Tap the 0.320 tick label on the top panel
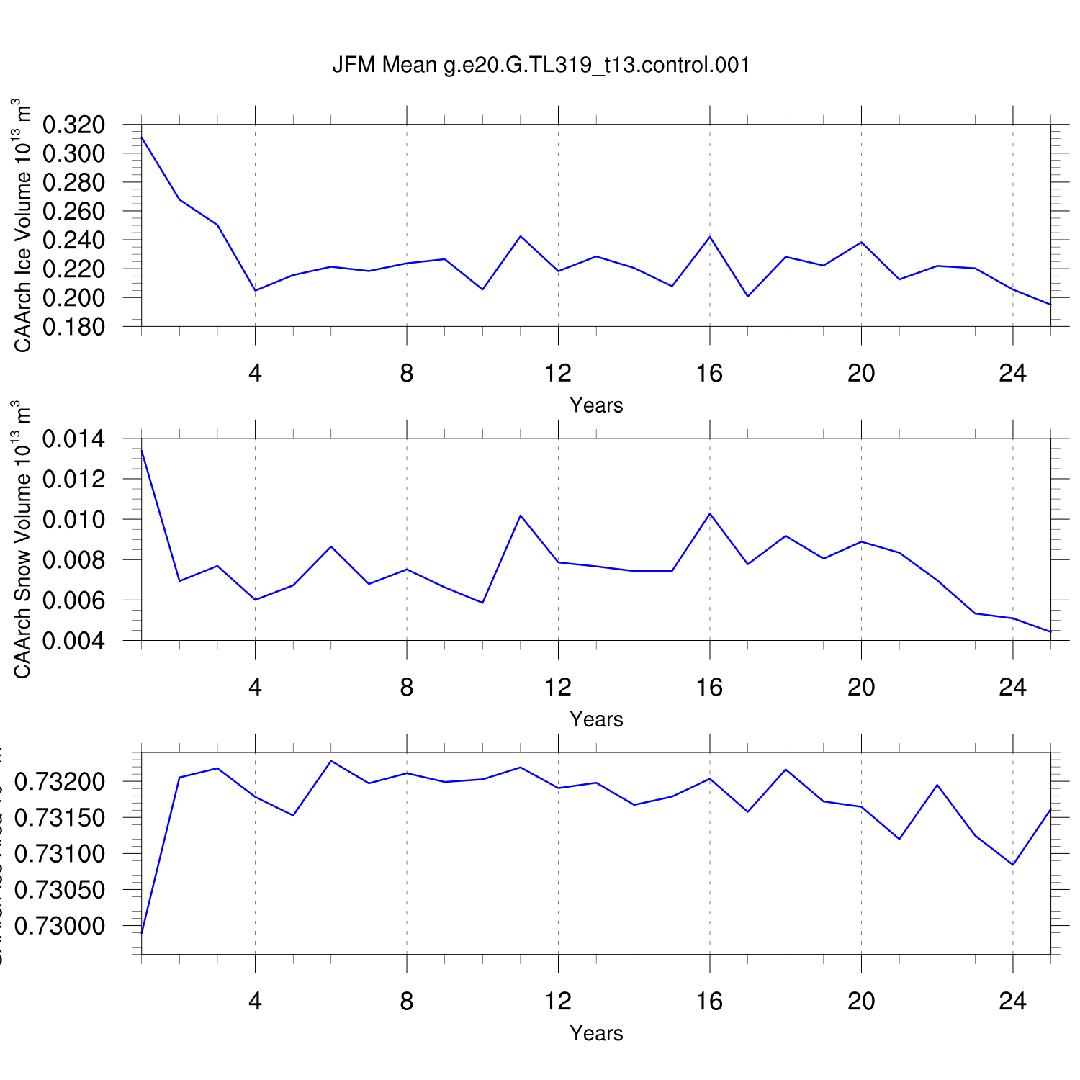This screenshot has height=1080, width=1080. click(73, 125)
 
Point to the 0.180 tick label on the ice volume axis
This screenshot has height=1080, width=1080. click(73, 327)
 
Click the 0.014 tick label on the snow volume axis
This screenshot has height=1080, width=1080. click(73, 438)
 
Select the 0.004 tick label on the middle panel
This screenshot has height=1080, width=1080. click(73, 640)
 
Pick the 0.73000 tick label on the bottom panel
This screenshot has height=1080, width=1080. click(59, 926)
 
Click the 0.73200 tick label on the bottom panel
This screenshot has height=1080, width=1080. click(59, 782)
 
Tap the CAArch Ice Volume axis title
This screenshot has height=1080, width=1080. click(22, 225)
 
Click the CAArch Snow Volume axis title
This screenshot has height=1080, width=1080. click(22, 539)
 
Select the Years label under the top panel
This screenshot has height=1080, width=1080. click(596, 405)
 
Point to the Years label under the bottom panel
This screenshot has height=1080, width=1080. click(596, 1033)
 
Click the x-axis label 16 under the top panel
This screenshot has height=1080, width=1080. click(709, 373)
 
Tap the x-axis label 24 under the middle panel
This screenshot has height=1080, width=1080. click(1012, 688)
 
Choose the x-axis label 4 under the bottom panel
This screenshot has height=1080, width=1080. click(255, 1002)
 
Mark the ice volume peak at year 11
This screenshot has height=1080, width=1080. click(521, 236)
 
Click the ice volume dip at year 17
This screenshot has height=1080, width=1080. click(748, 296)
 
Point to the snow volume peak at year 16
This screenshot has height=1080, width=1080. click(710, 513)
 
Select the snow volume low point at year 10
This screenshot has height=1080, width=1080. click(482, 603)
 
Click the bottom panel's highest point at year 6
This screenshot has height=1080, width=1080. click(330, 760)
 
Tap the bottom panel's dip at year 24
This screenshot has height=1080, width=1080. click(1013, 865)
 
